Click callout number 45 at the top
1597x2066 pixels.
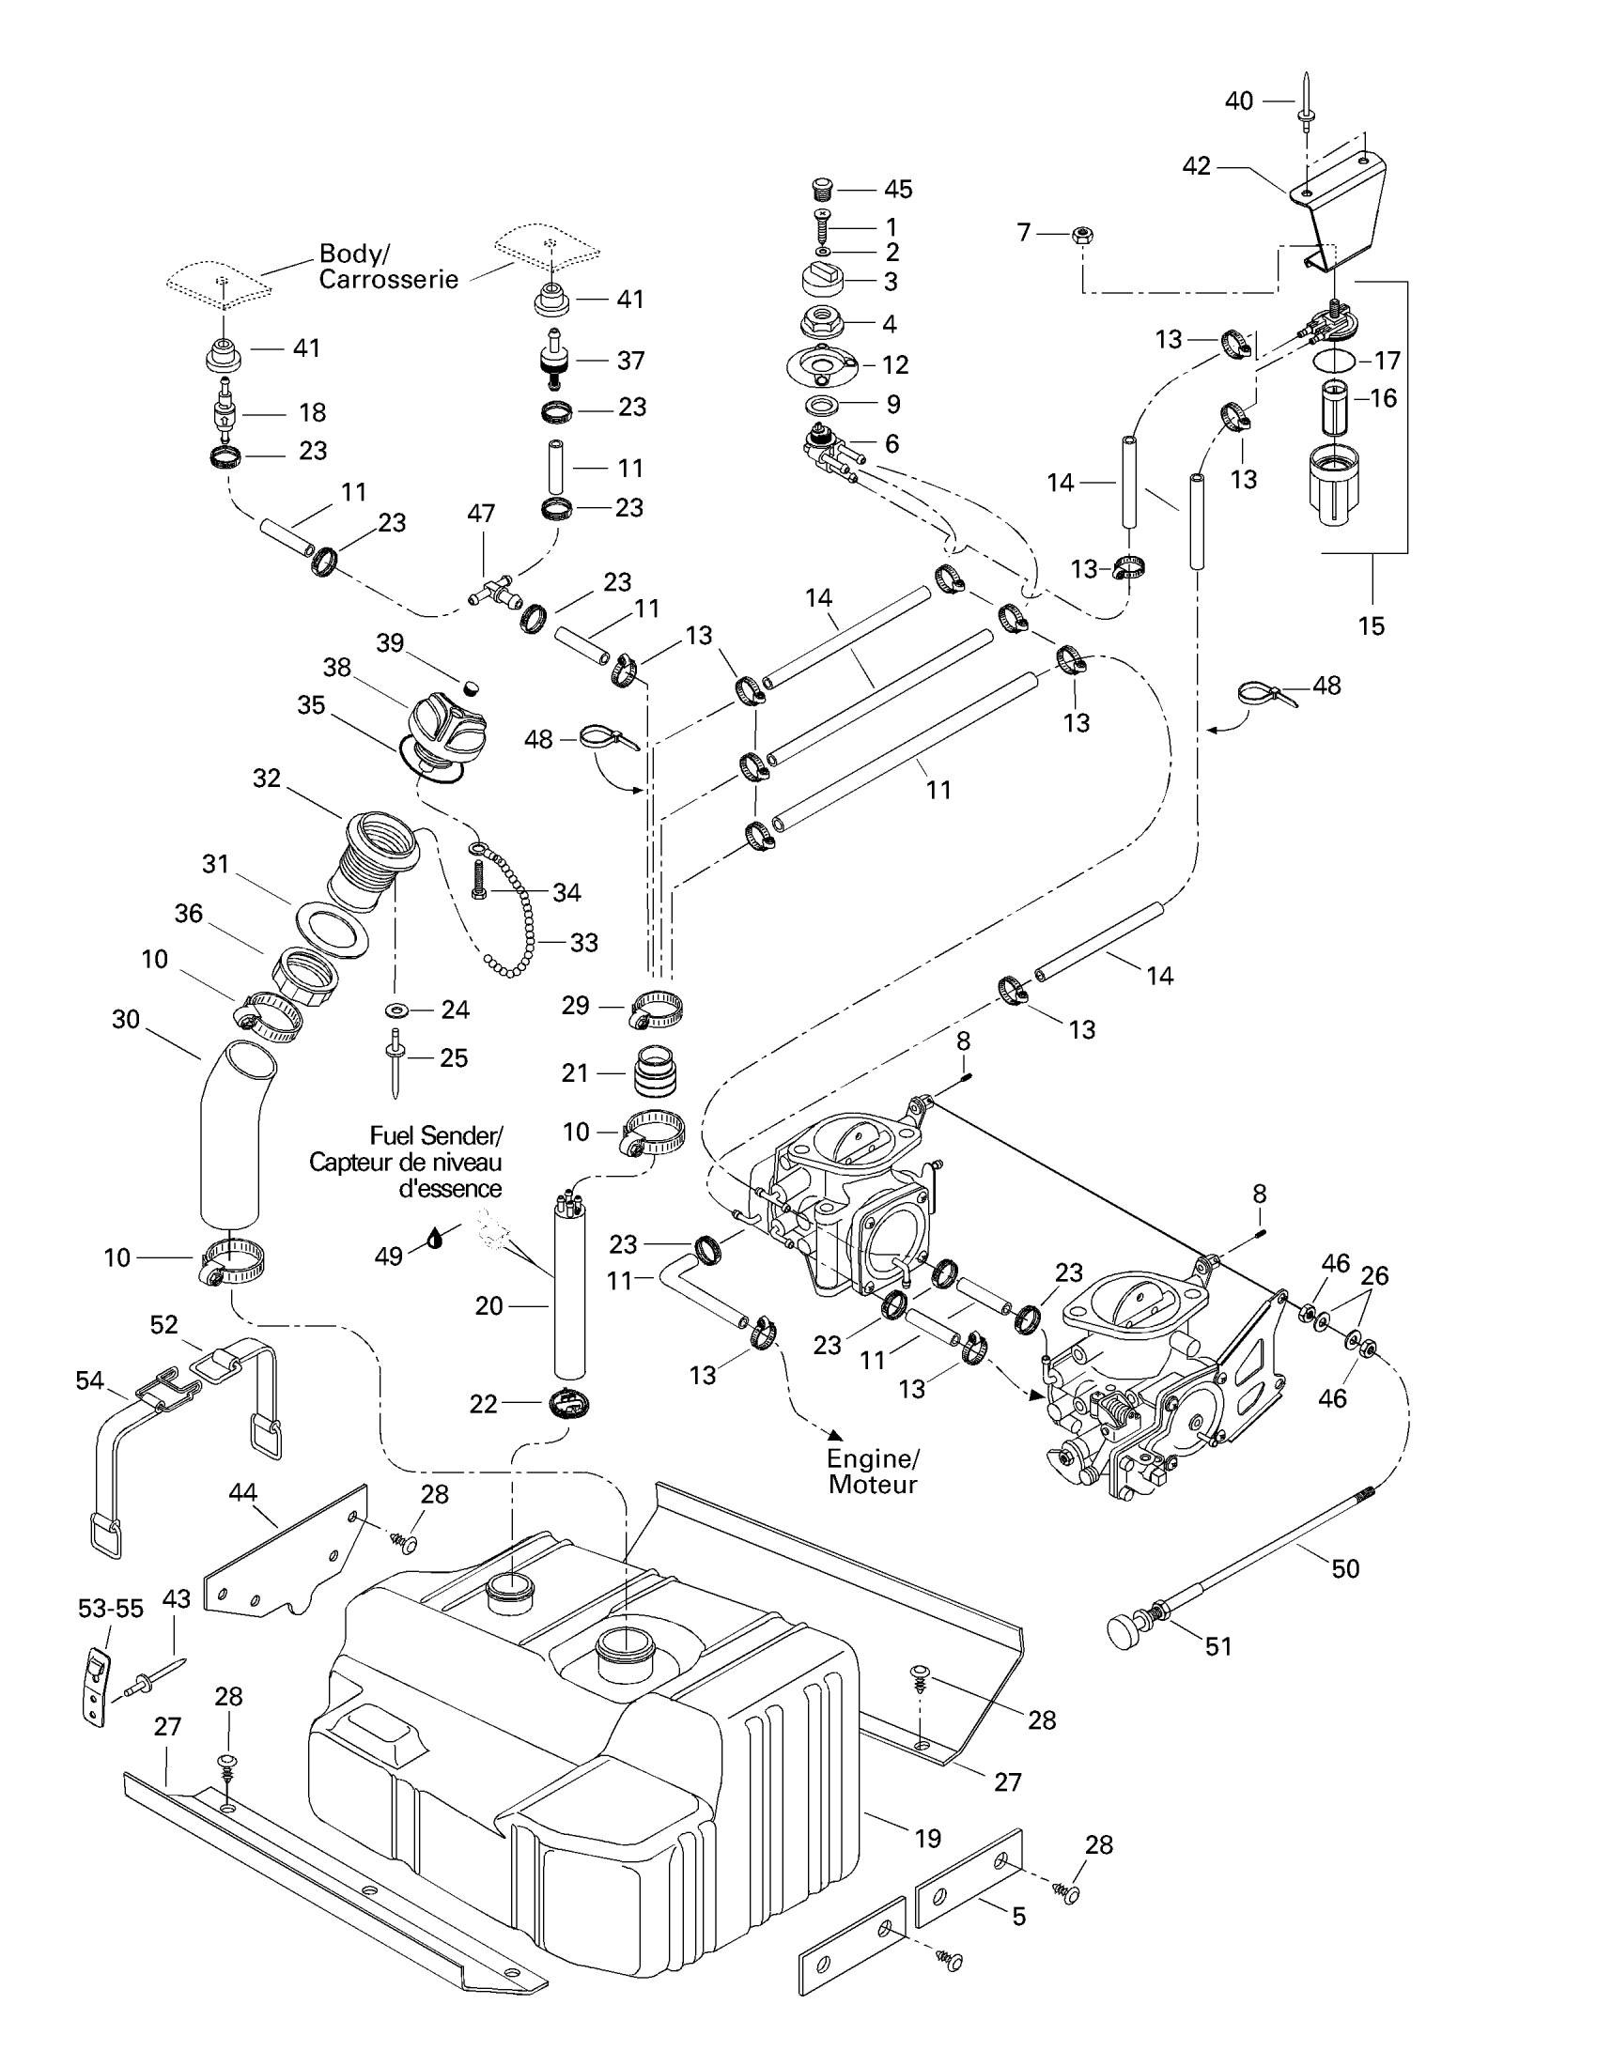[x=898, y=189]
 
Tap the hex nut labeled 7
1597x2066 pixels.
[x=1084, y=235]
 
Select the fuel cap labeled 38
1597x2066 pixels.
[x=447, y=724]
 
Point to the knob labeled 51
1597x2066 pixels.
[x=1125, y=1633]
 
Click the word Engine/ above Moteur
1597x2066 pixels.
[x=873, y=1458]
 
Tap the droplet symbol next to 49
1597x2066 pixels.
[x=435, y=1239]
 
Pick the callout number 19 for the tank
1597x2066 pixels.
[x=927, y=1838]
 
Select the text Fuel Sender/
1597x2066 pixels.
[x=436, y=1135]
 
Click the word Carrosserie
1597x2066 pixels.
[x=388, y=280]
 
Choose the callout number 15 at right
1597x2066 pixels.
[x=1371, y=626]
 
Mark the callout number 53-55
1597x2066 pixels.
[x=111, y=1608]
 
